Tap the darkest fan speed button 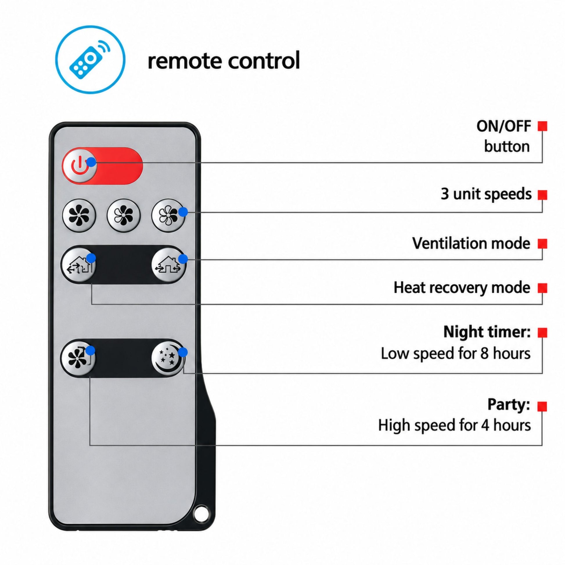(x=79, y=216)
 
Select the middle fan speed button (x=124, y=216)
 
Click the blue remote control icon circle (x=90, y=60)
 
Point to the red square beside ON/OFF (x=542, y=126)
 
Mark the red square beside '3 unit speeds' (x=542, y=195)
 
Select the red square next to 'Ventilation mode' (x=542, y=244)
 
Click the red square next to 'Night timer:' (x=542, y=332)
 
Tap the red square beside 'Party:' (x=542, y=406)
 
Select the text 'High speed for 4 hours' (x=454, y=425)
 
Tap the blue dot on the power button (x=91, y=162)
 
